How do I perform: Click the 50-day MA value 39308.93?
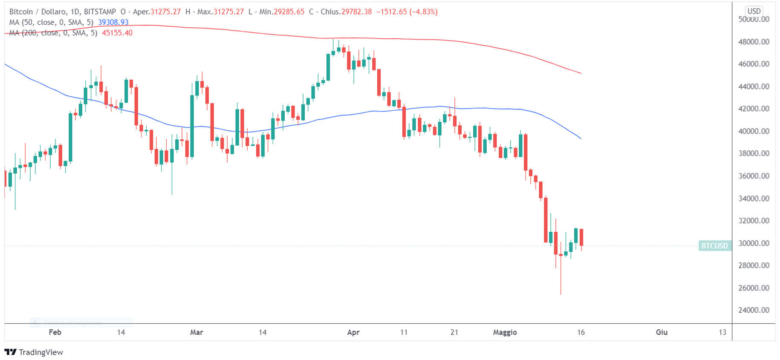113,22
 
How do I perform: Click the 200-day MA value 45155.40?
117,33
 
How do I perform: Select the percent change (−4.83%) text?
423,12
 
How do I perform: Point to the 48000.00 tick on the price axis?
754,42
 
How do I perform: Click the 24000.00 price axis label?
754,310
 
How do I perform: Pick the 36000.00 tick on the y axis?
754,176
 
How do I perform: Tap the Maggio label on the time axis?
505,332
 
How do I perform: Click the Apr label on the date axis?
353,332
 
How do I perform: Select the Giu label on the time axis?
662,332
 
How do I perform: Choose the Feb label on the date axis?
55,332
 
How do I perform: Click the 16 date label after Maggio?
581,332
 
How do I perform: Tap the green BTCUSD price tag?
715,246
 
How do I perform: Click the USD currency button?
754,11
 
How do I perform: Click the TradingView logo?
34,352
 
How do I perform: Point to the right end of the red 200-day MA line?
581,73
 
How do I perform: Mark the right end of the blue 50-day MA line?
581,138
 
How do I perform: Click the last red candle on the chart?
581,237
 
